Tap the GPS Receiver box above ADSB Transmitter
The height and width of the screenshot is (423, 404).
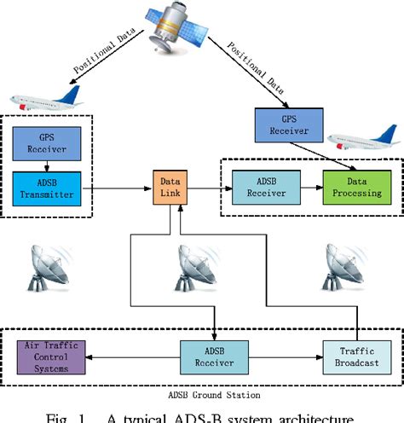(47, 140)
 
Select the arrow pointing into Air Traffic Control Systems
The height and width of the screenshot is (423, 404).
(128, 352)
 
